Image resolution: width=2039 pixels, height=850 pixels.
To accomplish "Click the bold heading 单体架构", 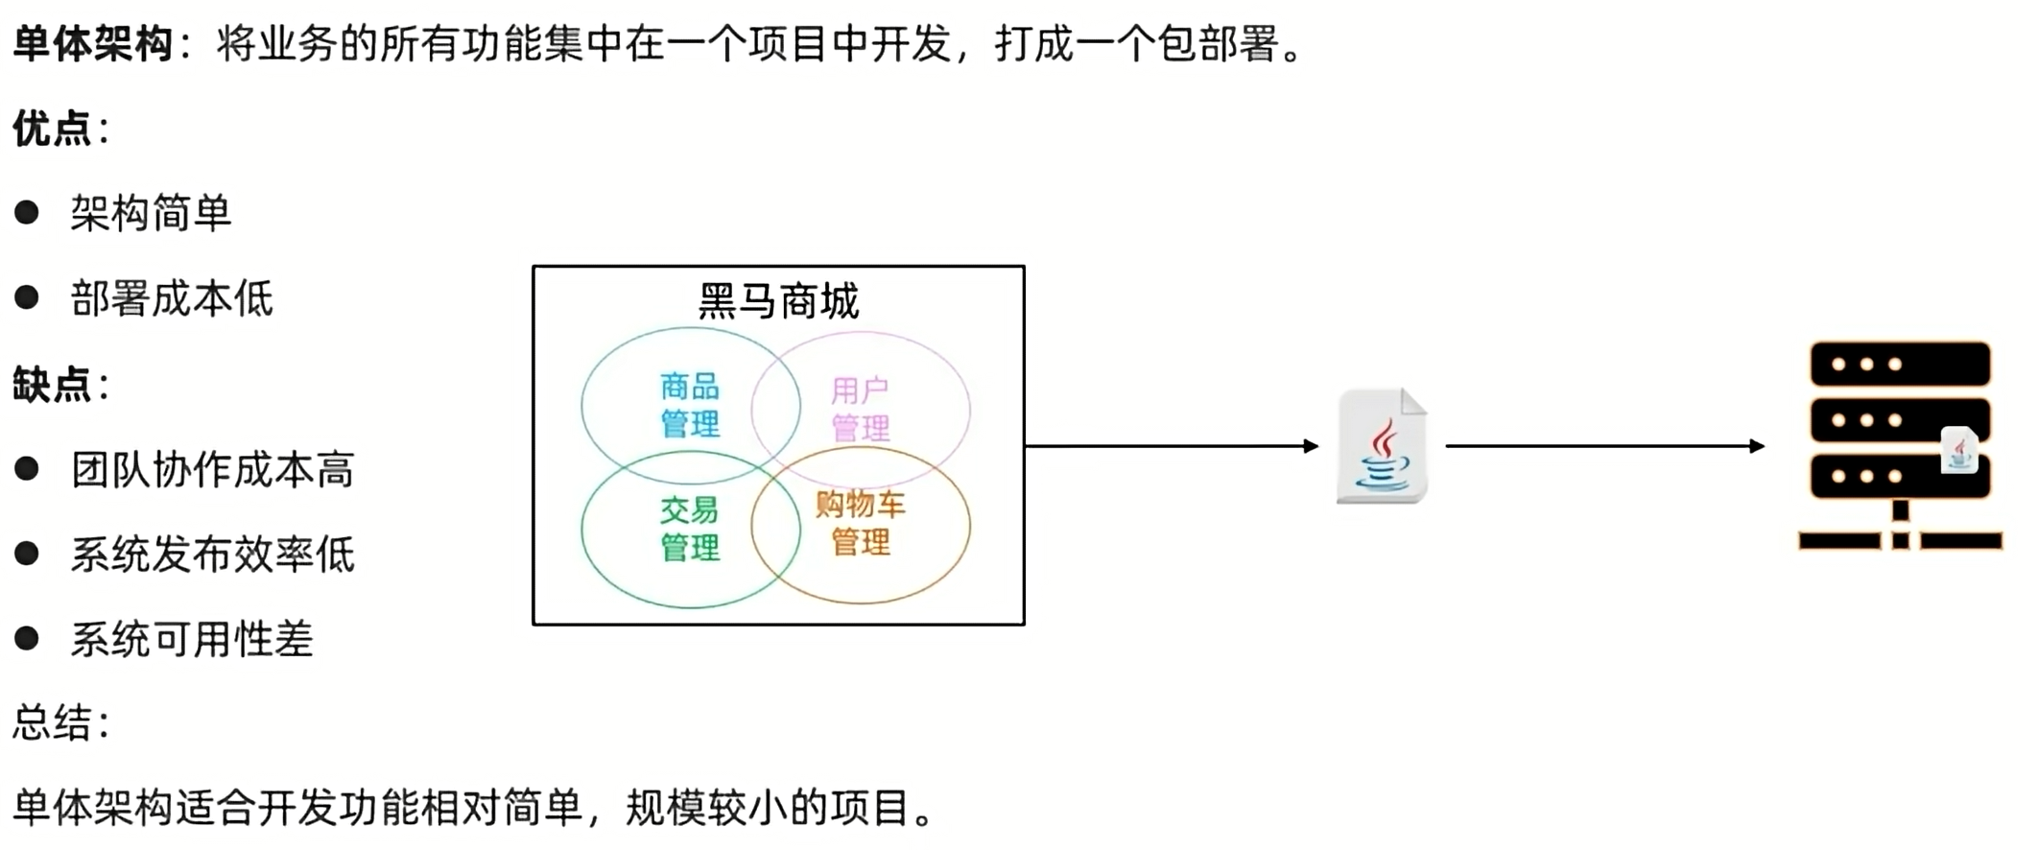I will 93,44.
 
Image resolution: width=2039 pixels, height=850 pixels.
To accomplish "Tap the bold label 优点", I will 53,129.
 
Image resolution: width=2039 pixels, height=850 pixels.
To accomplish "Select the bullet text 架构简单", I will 151,213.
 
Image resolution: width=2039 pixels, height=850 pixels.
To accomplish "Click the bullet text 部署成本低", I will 172,298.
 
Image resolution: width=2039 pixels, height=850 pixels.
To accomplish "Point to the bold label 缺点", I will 53,384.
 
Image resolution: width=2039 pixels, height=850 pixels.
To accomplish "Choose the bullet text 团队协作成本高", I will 212,470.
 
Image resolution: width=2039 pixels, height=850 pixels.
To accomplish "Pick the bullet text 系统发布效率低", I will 212,555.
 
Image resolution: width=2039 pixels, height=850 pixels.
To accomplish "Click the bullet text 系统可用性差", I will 192,640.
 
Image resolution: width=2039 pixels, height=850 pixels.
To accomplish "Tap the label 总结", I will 53,723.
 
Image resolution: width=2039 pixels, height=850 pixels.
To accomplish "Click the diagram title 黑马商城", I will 778,301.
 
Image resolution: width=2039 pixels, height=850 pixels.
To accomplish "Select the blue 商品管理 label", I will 690,405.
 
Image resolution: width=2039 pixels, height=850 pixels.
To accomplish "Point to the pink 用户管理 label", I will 860,409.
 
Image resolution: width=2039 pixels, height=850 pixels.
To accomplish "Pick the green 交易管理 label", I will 690,529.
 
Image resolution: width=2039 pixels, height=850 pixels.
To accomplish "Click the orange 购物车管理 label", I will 860,524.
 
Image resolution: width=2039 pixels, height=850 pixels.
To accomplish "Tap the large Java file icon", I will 1382,446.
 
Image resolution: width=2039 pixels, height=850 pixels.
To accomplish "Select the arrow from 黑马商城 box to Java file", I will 1171,445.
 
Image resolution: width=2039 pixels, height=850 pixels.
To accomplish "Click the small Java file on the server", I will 1959,450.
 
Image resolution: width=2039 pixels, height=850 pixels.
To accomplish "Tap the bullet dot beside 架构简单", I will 27,212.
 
